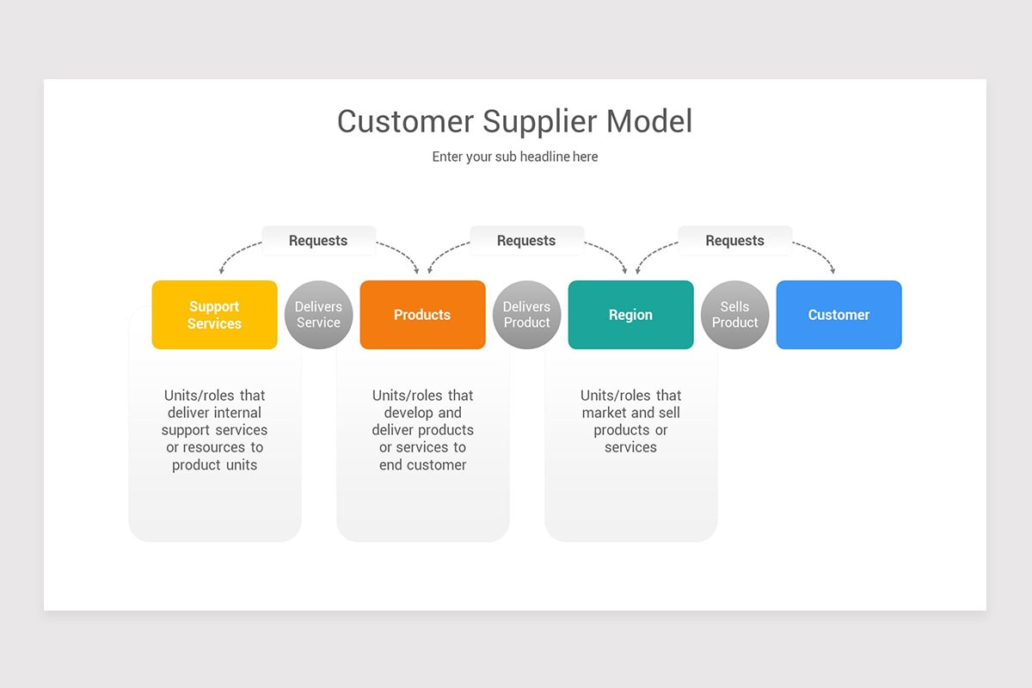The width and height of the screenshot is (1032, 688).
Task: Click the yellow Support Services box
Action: [214, 315]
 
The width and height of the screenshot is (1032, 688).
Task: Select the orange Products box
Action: [422, 315]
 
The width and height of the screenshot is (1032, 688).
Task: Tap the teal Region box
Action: [630, 315]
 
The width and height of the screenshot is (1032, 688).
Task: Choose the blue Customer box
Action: [838, 315]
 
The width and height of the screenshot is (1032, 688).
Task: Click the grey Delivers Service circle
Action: [318, 315]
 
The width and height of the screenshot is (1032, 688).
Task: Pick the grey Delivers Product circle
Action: [526, 315]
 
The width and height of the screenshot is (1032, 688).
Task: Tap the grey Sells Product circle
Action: [734, 315]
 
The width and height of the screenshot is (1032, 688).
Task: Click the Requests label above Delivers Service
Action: [318, 241]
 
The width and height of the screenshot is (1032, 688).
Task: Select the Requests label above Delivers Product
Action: [526, 241]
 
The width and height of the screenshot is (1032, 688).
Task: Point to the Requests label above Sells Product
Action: [734, 241]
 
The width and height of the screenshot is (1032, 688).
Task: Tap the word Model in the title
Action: [649, 121]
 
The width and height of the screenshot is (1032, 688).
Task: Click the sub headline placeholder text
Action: [514, 157]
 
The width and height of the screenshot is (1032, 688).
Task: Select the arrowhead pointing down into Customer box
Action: [834, 271]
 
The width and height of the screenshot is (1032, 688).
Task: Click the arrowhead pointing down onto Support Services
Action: [221, 271]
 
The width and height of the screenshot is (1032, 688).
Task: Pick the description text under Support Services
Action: [214, 430]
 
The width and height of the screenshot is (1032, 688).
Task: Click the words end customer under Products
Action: [422, 465]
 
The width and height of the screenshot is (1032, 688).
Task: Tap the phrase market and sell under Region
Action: [630, 413]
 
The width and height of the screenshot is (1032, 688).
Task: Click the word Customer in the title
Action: [405, 121]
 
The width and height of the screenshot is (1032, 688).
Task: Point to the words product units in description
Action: [214, 465]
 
